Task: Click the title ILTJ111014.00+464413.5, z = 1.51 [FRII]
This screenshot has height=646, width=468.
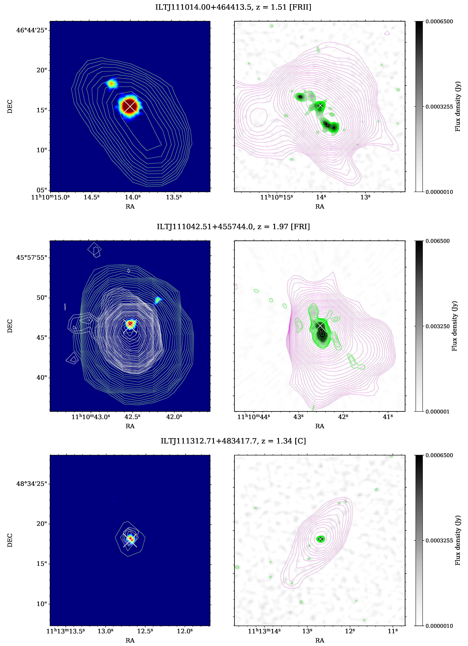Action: pyautogui.click(x=233, y=7)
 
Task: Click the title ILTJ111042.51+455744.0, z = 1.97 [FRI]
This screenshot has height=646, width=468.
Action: pyautogui.click(x=233, y=227)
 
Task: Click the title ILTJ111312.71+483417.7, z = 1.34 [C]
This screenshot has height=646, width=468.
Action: pyautogui.click(x=233, y=441)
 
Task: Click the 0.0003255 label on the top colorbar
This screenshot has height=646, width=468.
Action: pyautogui.click(x=439, y=107)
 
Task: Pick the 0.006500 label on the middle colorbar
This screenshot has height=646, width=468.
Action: pyautogui.click(x=438, y=241)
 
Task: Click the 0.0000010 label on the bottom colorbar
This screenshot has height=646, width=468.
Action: pyautogui.click(x=439, y=626)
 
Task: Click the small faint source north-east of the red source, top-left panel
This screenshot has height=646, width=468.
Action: pyautogui.click(x=111, y=83)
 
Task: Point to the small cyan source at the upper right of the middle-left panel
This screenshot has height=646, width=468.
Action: pyautogui.click(x=158, y=300)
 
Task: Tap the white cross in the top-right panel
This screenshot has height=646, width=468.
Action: pyautogui.click(x=320, y=106)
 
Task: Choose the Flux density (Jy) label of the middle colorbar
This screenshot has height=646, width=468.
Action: pyautogui.click(x=454, y=326)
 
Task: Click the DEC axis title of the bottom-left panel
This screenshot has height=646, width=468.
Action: pyautogui.click(x=10, y=540)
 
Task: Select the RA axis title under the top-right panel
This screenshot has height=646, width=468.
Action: pyautogui.click(x=319, y=206)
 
